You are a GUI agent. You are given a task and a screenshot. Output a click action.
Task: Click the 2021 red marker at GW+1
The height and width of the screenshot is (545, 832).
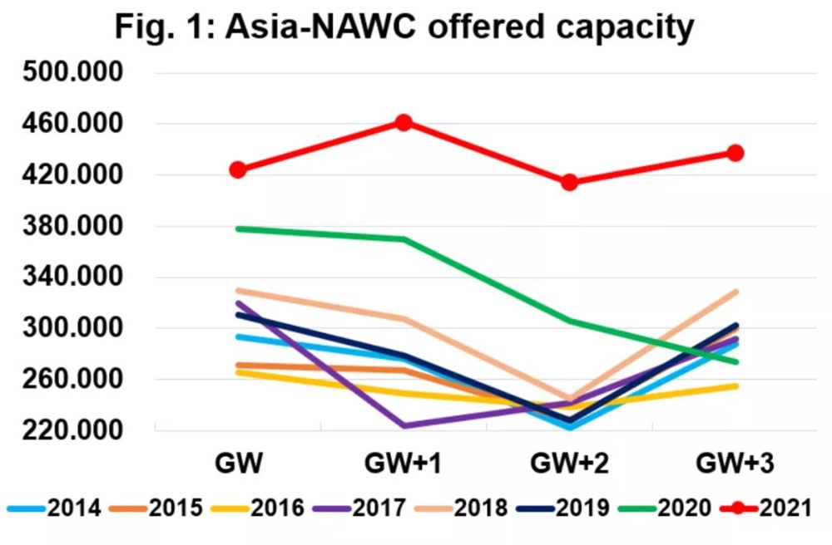pyautogui.click(x=404, y=123)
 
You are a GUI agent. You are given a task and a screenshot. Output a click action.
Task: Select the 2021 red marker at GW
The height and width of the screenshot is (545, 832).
pyautogui.click(x=238, y=169)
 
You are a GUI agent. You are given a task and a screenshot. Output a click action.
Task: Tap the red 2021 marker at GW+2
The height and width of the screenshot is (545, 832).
pyautogui.click(x=569, y=182)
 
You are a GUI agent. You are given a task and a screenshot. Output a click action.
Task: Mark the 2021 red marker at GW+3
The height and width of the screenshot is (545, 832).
pyautogui.click(x=735, y=153)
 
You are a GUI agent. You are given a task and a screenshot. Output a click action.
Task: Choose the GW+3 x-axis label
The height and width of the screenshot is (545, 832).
pyautogui.click(x=735, y=464)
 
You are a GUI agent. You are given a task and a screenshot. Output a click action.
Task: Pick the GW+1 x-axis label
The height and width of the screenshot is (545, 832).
pyautogui.click(x=404, y=464)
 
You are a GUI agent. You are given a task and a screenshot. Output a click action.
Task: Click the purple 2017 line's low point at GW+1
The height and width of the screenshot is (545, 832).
pyautogui.click(x=404, y=425)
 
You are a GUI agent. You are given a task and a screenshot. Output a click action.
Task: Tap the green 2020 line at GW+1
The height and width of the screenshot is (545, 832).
pyautogui.click(x=404, y=239)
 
